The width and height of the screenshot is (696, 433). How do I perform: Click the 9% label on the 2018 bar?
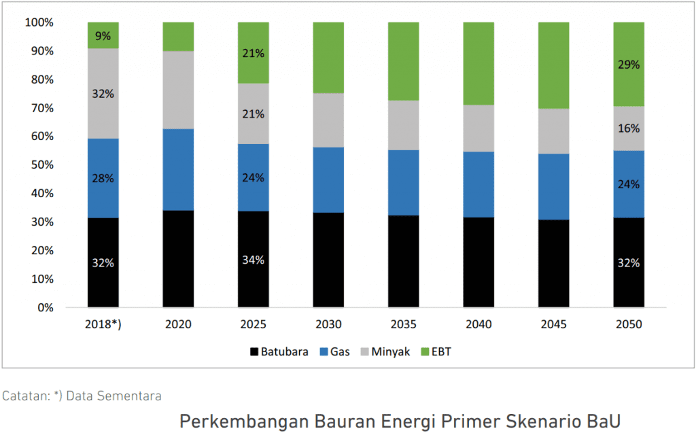tap(103, 36)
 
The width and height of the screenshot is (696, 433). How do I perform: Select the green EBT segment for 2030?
tap(328, 58)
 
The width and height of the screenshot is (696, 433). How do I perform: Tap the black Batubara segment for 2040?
tap(478, 262)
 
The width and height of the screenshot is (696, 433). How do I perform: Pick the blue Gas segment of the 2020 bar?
tap(178, 170)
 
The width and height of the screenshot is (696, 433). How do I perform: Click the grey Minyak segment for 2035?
tap(404, 125)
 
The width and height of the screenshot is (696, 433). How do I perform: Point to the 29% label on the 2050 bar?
tap(629, 65)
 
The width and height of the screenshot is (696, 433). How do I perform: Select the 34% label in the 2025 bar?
tap(253, 260)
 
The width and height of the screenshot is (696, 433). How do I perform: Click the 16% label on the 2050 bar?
tap(629, 128)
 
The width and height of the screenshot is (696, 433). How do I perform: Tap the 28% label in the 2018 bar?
tap(103, 178)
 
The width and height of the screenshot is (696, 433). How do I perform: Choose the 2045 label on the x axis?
tap(553, 324)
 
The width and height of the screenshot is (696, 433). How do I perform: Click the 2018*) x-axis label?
tap(103, 324)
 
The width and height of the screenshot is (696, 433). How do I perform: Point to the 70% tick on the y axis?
tap(42, 108)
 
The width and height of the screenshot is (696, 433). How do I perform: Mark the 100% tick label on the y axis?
tap(39, 22)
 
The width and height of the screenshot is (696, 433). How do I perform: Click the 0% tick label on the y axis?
tap(46, 307)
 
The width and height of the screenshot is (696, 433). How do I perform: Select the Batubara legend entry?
tap(279, 351)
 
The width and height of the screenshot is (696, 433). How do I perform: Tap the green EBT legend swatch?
tap(425, 351)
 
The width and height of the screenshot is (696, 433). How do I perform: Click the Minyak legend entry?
tap(385, 351)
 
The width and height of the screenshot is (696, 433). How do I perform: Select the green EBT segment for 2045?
tap(553, 65)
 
